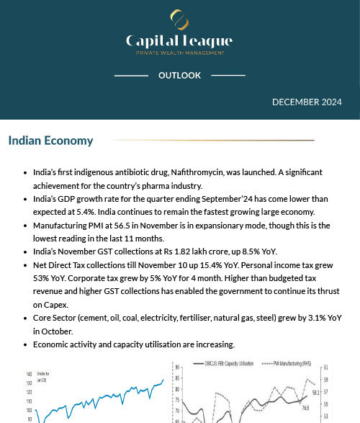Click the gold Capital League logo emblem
pyautogui.click(x=179, y=19)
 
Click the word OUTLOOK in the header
pyautogui.click(x=179, y=76)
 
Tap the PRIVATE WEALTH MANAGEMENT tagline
pyautogui.click(x=179, y=53)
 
